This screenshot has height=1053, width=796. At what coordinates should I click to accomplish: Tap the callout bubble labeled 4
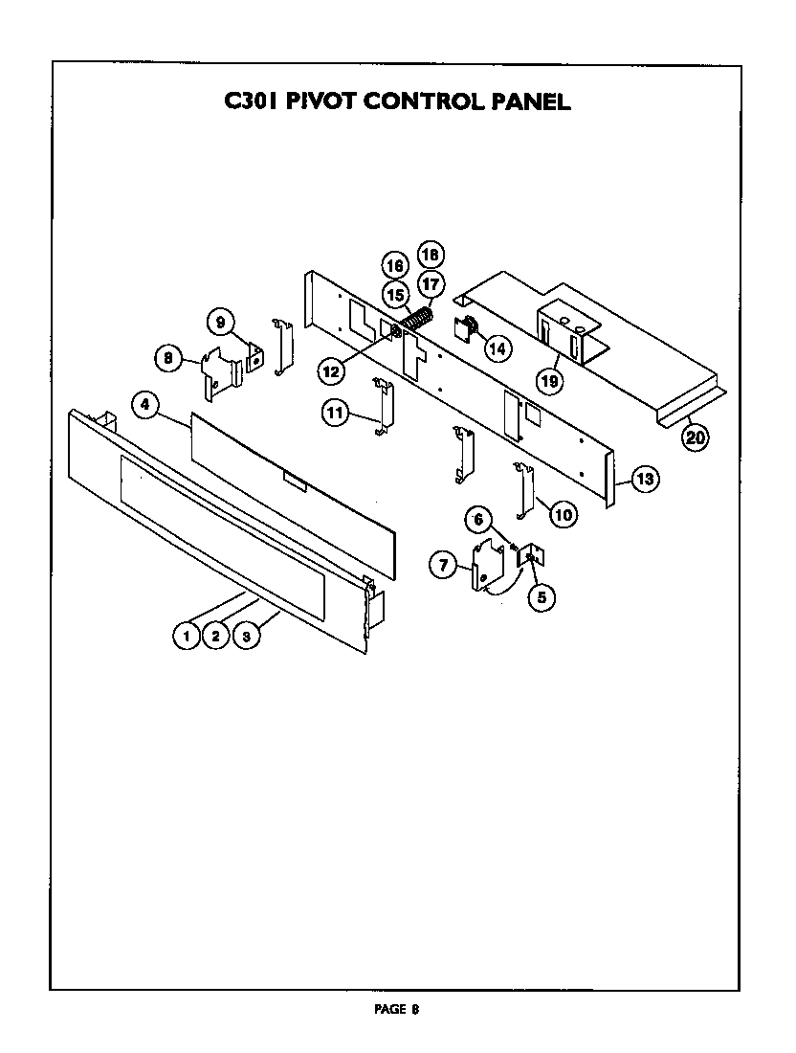(144, 405)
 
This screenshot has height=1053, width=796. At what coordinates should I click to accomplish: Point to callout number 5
(541, 597)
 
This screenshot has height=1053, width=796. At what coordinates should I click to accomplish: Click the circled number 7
(443, 566)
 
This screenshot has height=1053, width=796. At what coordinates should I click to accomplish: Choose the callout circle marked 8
(168, 359)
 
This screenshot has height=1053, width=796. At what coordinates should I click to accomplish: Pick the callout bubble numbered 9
(219, 321)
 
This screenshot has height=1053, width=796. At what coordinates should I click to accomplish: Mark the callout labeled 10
(564, 515)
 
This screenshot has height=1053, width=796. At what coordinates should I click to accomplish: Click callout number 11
(335, 413)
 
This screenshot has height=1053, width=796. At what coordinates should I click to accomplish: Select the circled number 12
(330, 368)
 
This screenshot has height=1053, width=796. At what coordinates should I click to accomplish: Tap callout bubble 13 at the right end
(645, 479)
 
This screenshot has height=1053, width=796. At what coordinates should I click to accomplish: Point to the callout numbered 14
(497, 348)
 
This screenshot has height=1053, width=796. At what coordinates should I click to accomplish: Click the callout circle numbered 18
(431, 255)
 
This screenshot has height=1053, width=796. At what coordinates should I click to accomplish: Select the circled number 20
(695, 437)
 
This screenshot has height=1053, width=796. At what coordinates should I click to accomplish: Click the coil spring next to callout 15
(417, 318)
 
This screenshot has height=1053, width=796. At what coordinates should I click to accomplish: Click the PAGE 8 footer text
(396, 1008)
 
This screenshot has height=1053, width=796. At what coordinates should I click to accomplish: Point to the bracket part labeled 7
(486, 567)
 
